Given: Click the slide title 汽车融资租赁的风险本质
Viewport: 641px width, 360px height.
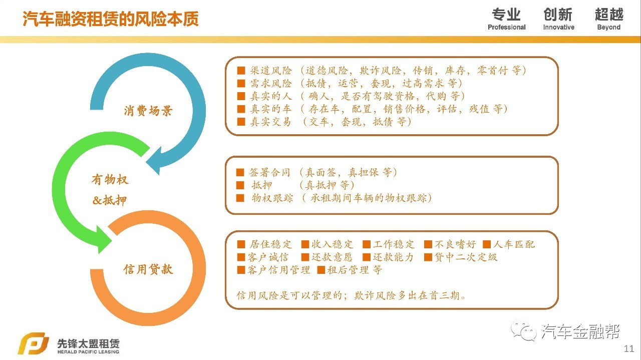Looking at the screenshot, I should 111,19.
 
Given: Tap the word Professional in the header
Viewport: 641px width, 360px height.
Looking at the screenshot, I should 506,28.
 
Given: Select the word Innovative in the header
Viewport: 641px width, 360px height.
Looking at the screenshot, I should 558,28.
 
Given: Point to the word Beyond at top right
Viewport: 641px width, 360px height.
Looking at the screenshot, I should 608,28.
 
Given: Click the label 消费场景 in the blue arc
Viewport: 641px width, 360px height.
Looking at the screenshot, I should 148,111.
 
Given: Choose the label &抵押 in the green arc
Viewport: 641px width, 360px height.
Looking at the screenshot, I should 110,201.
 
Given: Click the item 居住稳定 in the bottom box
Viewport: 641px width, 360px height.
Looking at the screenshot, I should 270,244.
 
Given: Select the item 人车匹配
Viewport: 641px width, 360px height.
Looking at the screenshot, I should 514,244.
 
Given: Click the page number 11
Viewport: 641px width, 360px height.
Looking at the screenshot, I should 629,348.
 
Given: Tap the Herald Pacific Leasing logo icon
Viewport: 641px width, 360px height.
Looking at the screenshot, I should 33,344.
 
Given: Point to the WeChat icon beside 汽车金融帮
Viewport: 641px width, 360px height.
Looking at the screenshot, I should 523,331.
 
